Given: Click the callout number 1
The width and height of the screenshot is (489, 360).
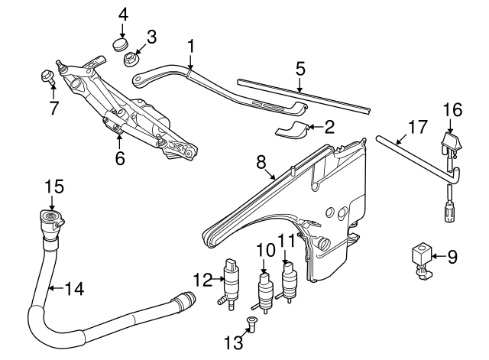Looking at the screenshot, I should click(190, 47).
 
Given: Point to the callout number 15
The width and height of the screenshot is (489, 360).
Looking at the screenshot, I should click(49, 186).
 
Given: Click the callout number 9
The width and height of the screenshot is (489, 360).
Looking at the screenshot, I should click(452, 258).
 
